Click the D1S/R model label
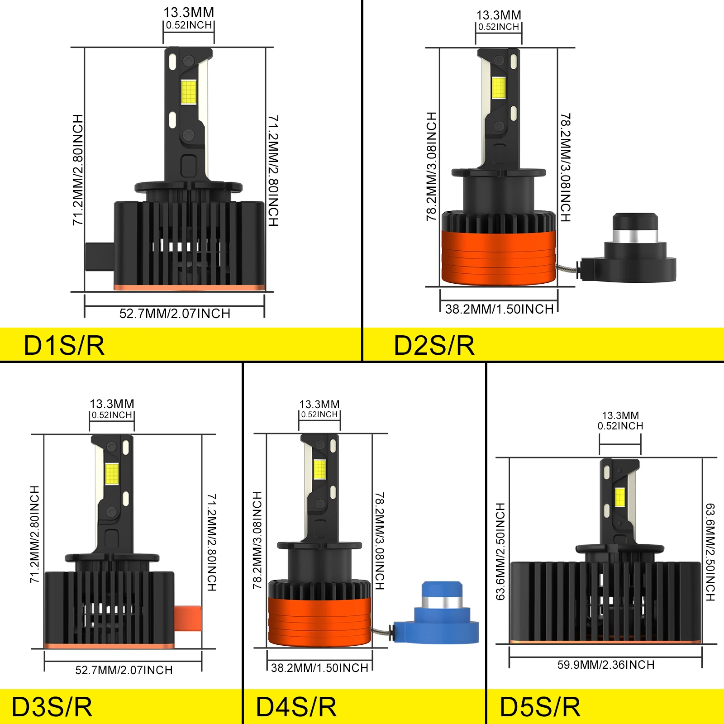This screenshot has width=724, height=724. [64, 346]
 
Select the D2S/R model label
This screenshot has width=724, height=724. [434, 346]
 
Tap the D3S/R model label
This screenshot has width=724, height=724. [52, 707]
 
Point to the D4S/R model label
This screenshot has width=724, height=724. [296, 707]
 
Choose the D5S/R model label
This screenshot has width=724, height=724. [540, 707]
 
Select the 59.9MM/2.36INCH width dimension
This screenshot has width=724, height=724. [606, 665]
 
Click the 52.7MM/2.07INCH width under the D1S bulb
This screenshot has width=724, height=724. [175, 314]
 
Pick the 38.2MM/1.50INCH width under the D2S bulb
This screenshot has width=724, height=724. [500, 309]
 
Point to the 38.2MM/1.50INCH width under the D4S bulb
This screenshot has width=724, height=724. [319, 668]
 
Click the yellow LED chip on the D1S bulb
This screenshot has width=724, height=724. [189, 92]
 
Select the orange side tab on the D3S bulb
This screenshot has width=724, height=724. [188, 618]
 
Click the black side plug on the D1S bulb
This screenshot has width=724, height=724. [100, 257]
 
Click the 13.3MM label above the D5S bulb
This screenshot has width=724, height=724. [620, 415]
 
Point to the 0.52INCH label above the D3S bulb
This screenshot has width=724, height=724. [112, 415]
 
